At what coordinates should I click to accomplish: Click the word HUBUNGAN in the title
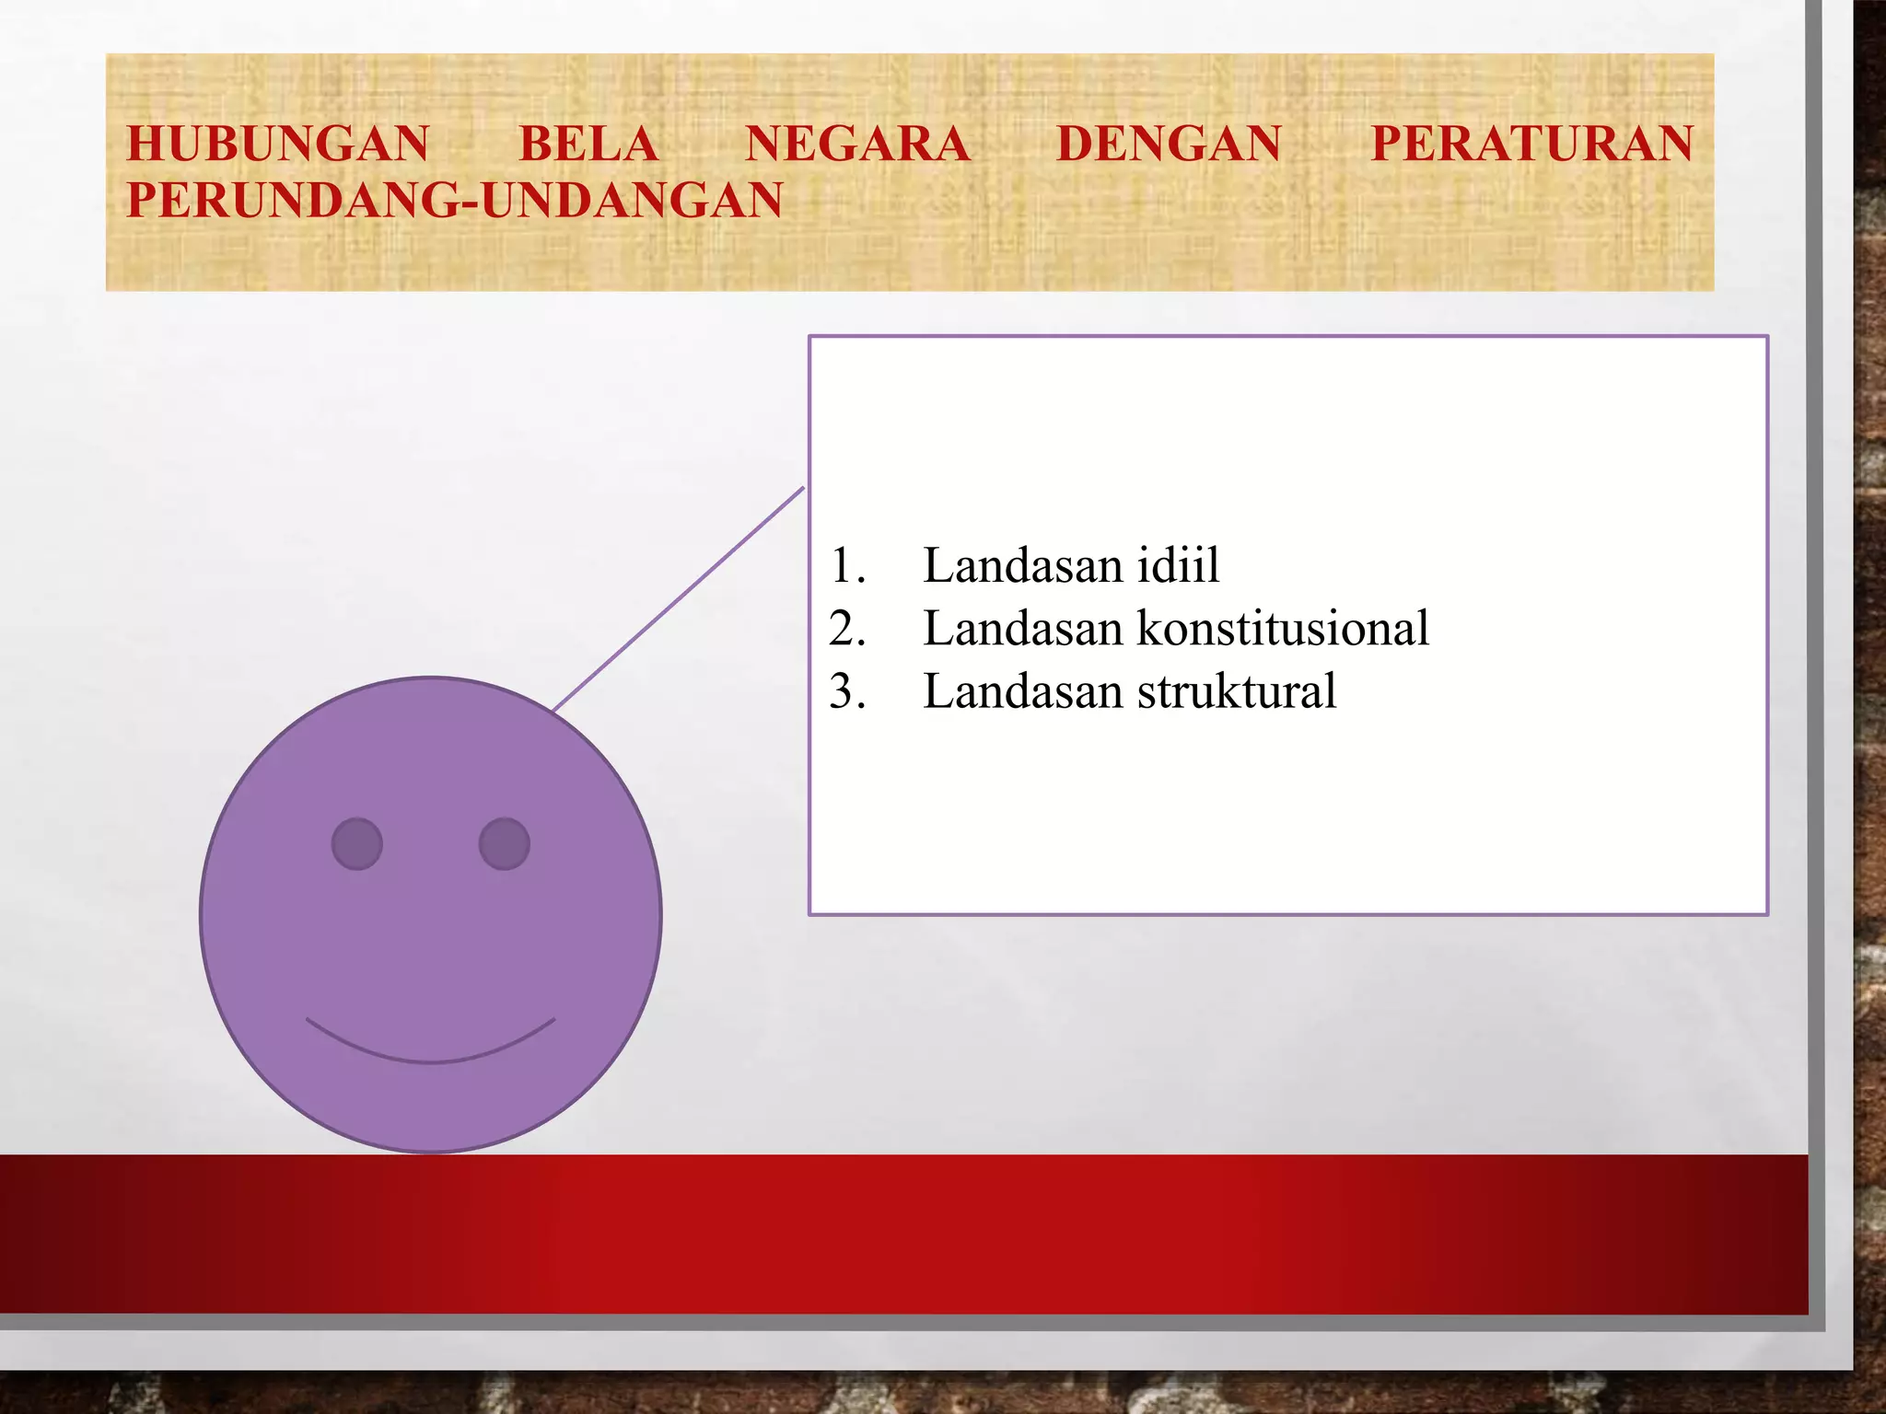point(277,144)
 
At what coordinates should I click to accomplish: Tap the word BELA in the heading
point(588,144)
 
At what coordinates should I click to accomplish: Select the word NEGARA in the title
point(857,144)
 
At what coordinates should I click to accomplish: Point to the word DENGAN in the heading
point(1169,144)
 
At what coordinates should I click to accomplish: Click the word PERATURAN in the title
point(1531,144)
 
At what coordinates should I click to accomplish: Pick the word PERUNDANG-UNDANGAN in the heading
point(454,201)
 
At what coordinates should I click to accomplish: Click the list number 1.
point(845,565)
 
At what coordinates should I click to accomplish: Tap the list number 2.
point(845,629)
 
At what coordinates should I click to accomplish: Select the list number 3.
point(845,691)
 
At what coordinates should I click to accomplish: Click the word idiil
point(1178,565)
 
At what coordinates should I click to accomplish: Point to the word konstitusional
point(1283,629)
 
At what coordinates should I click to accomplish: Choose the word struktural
point(1237,691)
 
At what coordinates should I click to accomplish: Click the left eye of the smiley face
point(357,843)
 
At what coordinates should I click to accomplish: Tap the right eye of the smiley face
point(505,843)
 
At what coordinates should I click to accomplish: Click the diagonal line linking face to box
point(679,598)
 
